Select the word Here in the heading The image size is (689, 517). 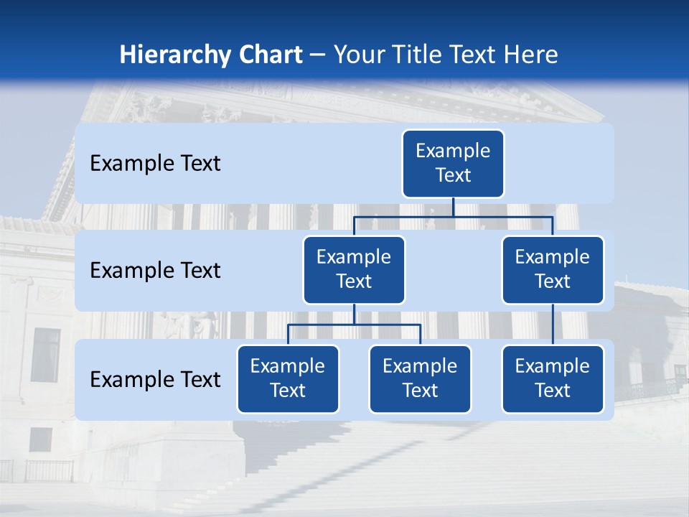pos(530,55)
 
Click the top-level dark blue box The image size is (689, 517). pos(453,163)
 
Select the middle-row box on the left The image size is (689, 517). pos(354,269)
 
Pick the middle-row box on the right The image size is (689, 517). pos(553,269)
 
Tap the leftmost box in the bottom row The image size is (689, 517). pos(288,378)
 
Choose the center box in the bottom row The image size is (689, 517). pos(420,378)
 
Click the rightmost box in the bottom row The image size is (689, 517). pos(553,378)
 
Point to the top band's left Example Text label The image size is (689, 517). pos(155,164)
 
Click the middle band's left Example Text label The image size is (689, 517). pos(155,271)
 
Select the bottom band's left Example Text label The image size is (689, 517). pos(155,379)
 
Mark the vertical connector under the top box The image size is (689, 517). pos(453,207)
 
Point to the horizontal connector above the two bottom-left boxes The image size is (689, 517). pos(354,325)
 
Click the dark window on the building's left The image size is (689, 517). pos(46,355)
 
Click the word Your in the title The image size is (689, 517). pos(357,55)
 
